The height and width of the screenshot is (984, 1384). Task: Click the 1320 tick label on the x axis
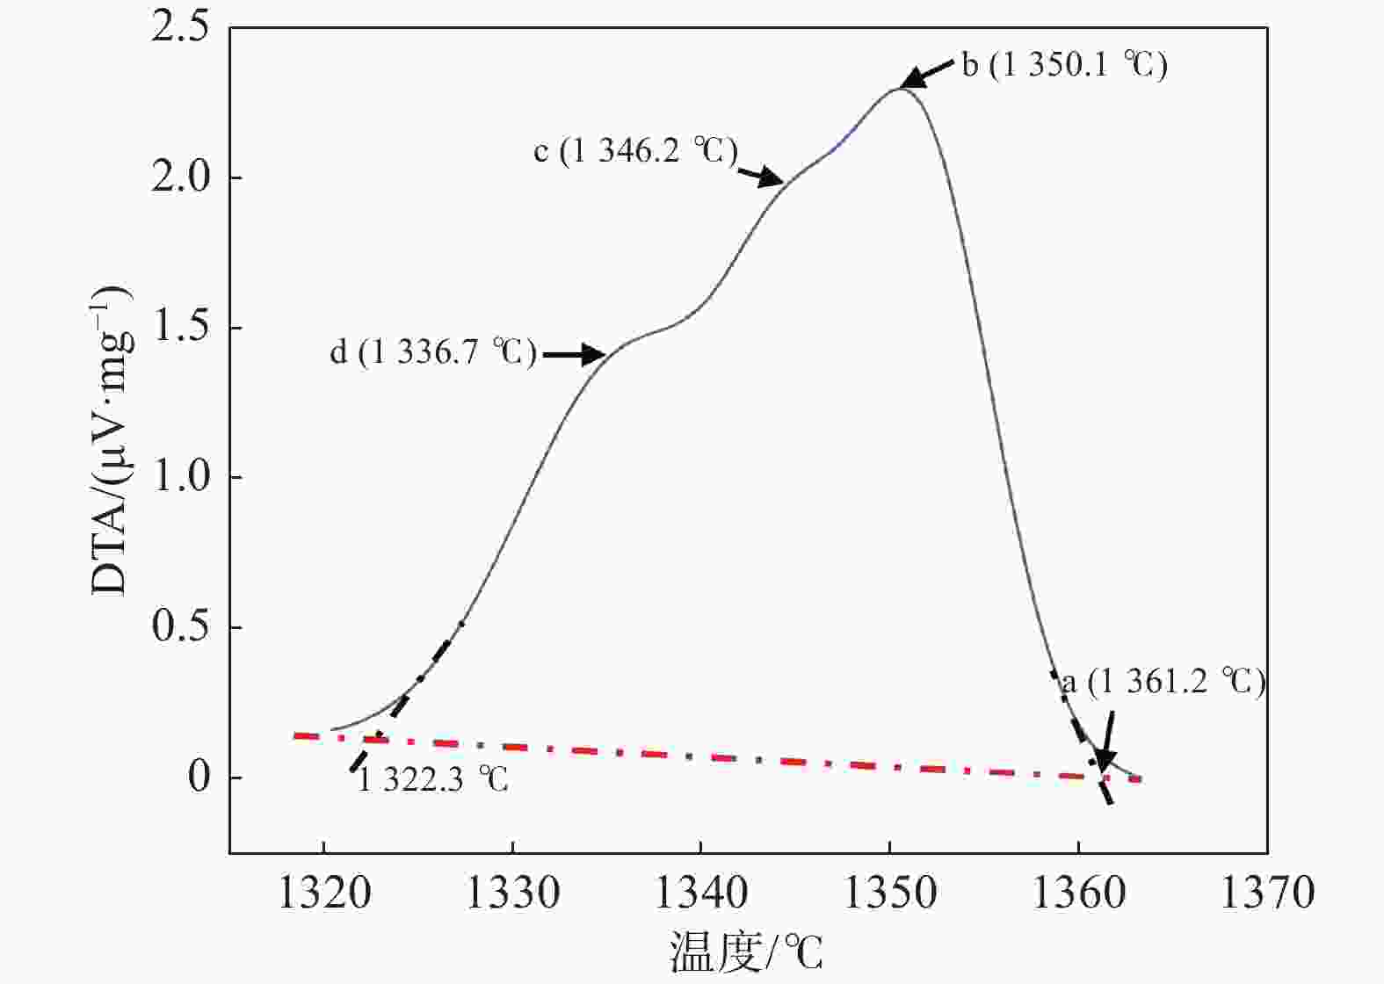pyautogui.click(x=323, y=894)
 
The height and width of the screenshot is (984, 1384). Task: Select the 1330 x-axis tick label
pyautogui.click(x=512, y=894)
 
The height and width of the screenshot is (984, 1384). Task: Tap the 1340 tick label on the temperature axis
pyautogui.click(x=701, y=894)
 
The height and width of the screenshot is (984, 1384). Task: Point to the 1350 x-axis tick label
pyautogui.click(x=890, y=894)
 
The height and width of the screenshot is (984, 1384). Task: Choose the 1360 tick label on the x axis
pyautogui.click(x=1078, y=894)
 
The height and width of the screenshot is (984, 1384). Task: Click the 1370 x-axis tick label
pyautogui.click(x=1267, y=894)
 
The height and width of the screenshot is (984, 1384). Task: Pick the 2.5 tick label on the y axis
pyautogui.click(x=180, y=27)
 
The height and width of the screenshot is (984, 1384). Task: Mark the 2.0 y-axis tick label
pyautogui.click(x=180, y=177)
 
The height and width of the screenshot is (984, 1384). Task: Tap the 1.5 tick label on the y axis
pyautogui.click(x=180, y=328)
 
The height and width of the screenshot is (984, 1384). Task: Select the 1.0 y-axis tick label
pyautogui.click(x=180, y=477)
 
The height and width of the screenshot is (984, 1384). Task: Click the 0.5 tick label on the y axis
pyautogui.click(x=180, y=627)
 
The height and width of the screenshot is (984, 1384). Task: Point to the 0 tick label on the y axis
pyautogui.click(x=201, y=778)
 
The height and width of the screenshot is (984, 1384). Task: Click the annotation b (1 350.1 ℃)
pyautogui.click(x=1065, y=65)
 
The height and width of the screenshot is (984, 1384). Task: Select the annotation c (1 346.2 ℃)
pyautogui.click(x=635, y=151)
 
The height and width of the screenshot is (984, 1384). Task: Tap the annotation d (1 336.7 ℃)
pyautogui.click(x=432, y=352)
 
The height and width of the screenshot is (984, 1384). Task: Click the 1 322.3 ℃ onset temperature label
pyautogui.click(x=432, y=779)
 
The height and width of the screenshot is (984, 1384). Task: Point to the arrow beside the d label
pyautogui.click(x=574, y=355)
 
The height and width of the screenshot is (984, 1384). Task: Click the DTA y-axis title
pyautogui.click(x=112, y=439)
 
